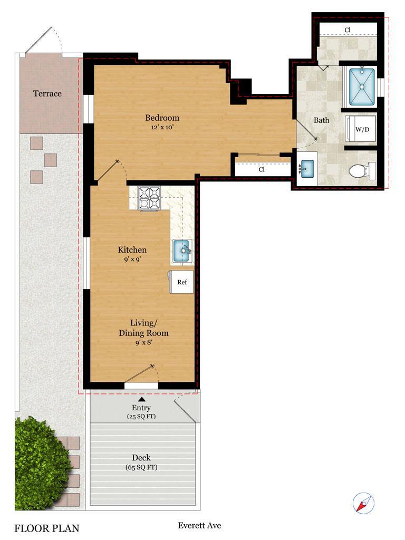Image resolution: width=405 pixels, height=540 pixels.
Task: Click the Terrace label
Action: [47, 94]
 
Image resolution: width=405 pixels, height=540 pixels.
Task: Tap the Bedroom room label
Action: [162, 118]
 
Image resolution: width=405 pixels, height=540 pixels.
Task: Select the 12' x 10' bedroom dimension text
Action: [162, 127]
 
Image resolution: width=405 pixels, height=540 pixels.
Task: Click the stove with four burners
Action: [149, 198]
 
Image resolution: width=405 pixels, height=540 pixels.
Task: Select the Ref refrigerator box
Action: [181, 282]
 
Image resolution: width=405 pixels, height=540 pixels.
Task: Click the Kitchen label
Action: [132, 250]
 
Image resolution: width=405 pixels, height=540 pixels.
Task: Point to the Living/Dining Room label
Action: [143, 328]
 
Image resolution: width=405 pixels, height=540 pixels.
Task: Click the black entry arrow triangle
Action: [141, 400]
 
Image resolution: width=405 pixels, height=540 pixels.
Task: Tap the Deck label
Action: [141, 458]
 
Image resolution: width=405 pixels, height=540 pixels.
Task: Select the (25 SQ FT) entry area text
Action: [141, 417]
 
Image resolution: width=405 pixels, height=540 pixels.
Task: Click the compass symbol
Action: [363, 503]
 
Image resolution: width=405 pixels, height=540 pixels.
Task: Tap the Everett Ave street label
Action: [199, 525]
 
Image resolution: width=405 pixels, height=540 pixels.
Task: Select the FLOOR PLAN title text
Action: [46, 528]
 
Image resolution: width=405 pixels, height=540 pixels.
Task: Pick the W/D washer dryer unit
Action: [361, 129]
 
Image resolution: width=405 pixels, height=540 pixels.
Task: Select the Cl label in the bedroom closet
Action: [262, 170]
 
